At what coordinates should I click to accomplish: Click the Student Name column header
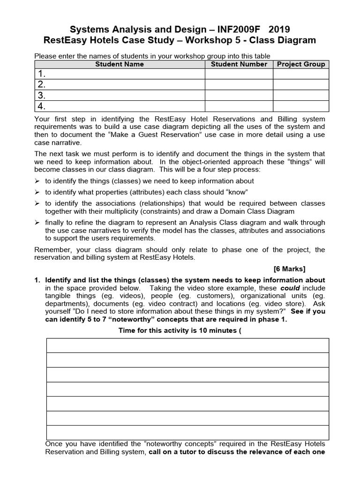(120, 64)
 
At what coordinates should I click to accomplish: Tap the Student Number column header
(239, 64)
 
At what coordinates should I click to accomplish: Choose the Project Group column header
(301, 64)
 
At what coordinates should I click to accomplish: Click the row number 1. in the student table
(42, 74)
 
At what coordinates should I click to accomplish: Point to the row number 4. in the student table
(42, 106)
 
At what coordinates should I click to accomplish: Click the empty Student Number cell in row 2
(239, 85)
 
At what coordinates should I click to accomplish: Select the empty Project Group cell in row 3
(301, 96)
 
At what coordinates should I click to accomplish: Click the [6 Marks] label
(289, 269)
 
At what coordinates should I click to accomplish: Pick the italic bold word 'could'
(290, 288)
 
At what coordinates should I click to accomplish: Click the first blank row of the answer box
(187, 345)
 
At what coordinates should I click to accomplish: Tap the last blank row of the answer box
(187, 432)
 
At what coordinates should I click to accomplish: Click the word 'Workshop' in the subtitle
(199, 40)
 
